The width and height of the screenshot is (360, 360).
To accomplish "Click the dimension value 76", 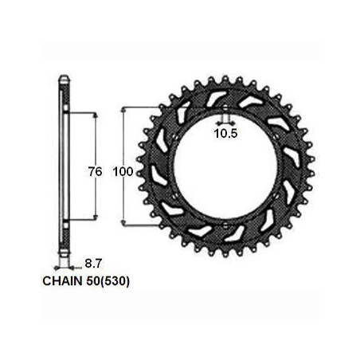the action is click(95, 171).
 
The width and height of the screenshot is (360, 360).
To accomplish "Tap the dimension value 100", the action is click(123, 171).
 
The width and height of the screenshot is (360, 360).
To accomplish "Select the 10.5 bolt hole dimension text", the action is click(225, 133).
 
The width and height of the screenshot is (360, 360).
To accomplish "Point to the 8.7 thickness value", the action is click(93, 264).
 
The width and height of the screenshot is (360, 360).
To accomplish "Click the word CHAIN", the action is click(63, 281).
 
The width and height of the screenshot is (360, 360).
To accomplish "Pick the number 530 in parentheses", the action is click(115, 281).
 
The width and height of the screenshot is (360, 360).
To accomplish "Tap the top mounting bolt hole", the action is click(225, 108).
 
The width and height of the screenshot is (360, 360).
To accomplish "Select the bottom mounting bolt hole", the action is click(225, 225).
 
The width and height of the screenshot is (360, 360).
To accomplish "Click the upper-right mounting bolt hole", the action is click(276, 137).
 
